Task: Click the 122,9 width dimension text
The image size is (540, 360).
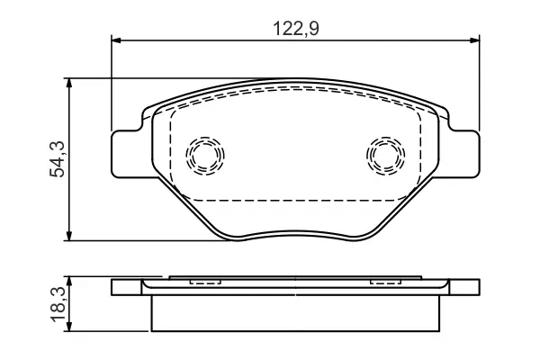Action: [296, 29]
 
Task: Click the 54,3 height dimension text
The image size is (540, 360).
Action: [58, 159]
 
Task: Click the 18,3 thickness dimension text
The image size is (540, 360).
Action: [58, 305]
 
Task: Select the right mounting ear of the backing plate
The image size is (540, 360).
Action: [465, 154]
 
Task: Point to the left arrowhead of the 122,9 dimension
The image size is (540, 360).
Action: [116, 40]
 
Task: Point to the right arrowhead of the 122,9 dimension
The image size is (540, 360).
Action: [474, 40]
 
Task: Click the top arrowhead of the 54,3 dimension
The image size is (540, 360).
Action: [69, 84]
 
